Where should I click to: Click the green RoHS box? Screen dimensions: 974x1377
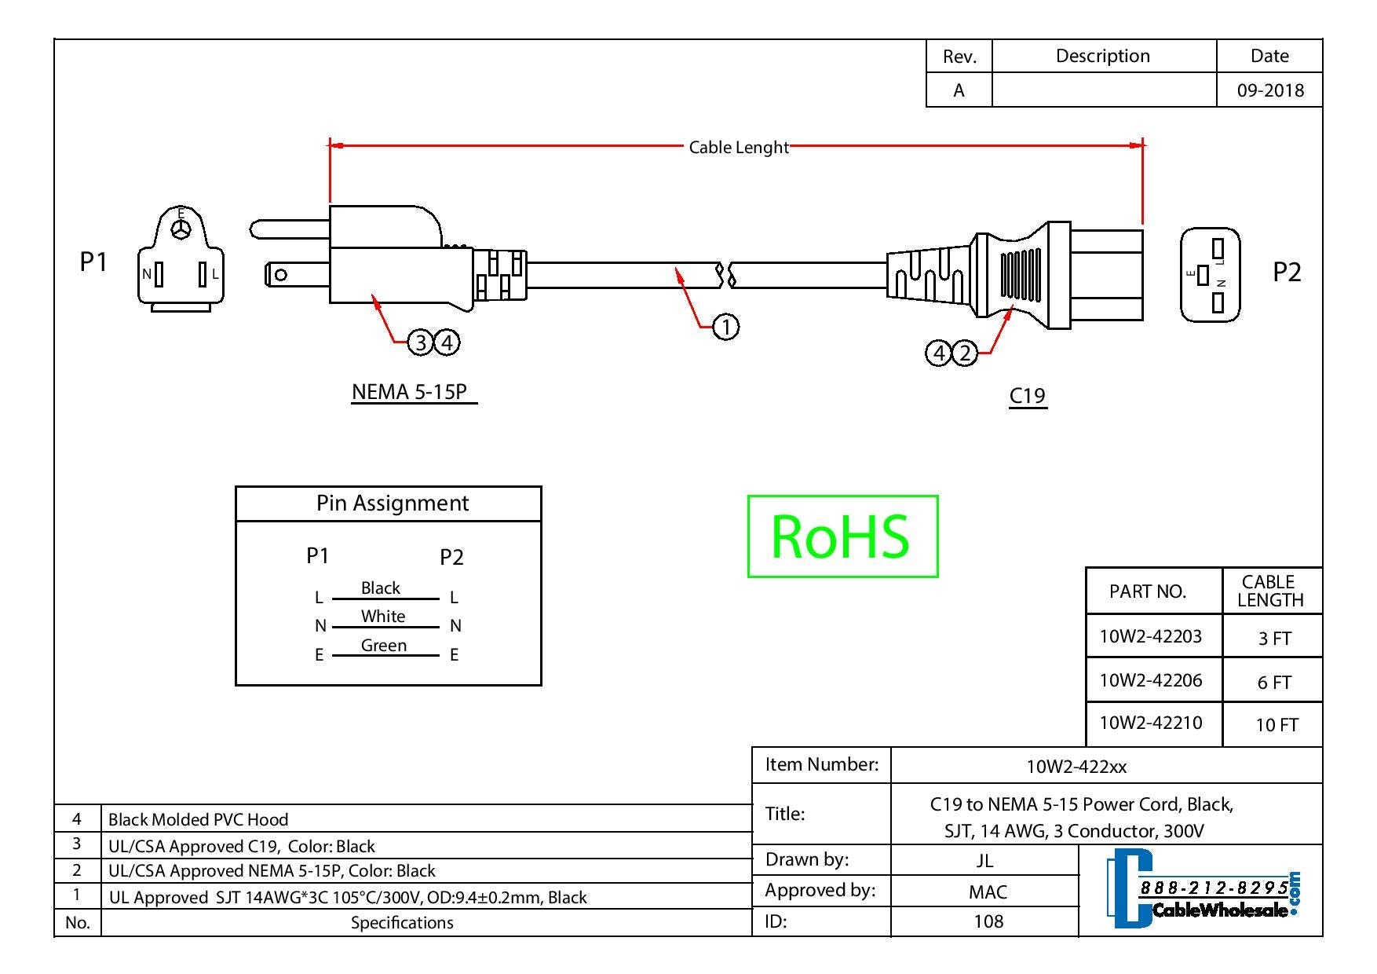(x=842, y=536)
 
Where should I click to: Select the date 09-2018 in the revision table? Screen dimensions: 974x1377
(x=1269, y=90)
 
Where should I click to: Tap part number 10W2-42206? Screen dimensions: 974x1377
(x=1150, y=680)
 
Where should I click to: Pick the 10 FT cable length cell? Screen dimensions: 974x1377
(x=1276, y=724)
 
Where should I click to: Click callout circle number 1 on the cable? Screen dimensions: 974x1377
(x=725, y=326)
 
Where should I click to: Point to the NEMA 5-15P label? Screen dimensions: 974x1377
(x=409, y=391)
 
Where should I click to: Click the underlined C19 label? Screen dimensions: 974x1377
(x=1027, y=395)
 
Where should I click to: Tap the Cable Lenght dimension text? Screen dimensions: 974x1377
(x=738, y=147)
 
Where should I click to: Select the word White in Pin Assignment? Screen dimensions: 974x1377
(x=383, y=617)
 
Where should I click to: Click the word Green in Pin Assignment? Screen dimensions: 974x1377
(x=383, y=646)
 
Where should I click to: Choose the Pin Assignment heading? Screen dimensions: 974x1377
(x=392, y=503)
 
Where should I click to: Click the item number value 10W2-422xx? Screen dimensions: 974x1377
(x=1076, y=767)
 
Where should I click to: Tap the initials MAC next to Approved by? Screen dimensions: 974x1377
(x=987, y=892)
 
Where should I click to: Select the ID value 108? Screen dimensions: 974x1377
(x=988, y=921)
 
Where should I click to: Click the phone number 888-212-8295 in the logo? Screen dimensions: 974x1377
(x=1213, y=888)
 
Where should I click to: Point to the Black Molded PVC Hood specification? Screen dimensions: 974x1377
(x=198, y=819)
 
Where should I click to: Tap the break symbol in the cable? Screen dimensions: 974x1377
(x=726, y=275)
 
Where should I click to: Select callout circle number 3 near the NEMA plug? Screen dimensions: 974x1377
(x=421, y=342)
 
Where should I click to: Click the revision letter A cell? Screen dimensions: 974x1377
(x=959, y=90)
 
